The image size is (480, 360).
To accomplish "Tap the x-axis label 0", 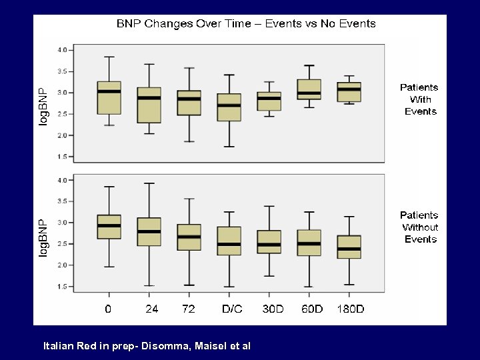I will click(109, 309).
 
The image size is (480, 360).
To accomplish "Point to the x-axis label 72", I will click(189, 309).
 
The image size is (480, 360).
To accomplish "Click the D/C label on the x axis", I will click(229, 309).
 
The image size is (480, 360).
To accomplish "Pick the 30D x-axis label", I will click(269, 309).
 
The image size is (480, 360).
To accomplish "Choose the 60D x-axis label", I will click(309, 309).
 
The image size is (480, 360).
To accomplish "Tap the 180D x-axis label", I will click(349, 309).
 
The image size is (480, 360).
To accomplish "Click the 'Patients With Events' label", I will click(419, 99).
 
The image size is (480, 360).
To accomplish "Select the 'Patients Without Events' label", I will click(419, 227).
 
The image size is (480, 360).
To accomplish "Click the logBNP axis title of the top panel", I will click(43, 107).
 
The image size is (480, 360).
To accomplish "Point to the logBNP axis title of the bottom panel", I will click(43, 238).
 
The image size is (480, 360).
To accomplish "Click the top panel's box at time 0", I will click(109, 98).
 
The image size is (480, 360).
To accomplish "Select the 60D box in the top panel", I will click(309, 89).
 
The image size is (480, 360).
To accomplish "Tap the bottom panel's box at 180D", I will click(349, 247).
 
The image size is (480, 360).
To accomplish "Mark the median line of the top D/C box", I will click(229, 105).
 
